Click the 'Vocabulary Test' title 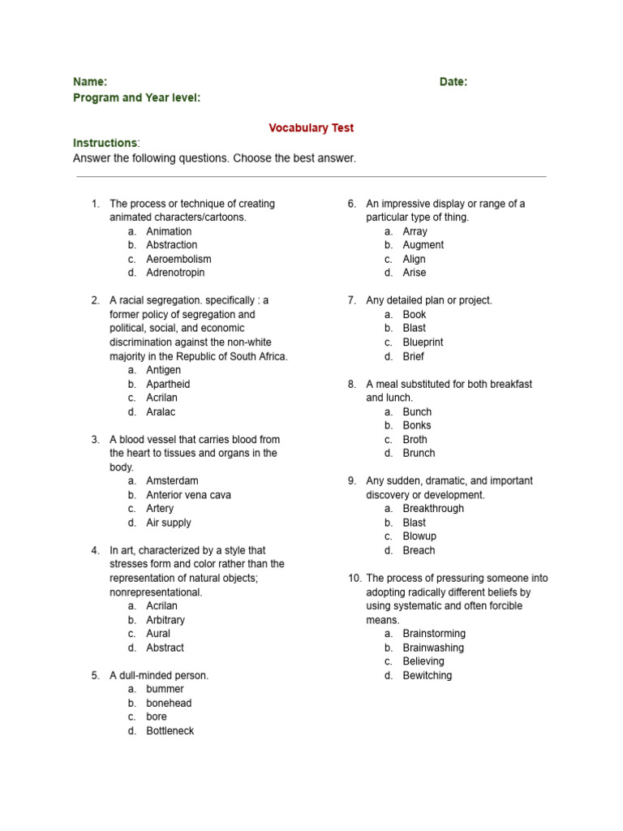coord(311,128)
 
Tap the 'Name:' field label coord(90,82)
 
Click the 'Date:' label coord(453,82)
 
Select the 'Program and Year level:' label coord(137,98)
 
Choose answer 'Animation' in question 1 coord(169,231)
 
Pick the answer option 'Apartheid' coord(168,384)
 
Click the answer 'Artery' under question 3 coord(160,509)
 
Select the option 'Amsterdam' coord(172,481)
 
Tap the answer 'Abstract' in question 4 coord(165,648)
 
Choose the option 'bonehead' coord(169,703)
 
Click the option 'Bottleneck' coord(170,731)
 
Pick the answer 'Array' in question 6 coord(415,231)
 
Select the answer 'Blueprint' coord(423,342)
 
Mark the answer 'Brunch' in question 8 coord(419,453)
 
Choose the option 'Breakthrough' coord(433,509)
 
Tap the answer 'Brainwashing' coord(433,648)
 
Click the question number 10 coord(354,579)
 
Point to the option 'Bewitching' coord(428,675)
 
